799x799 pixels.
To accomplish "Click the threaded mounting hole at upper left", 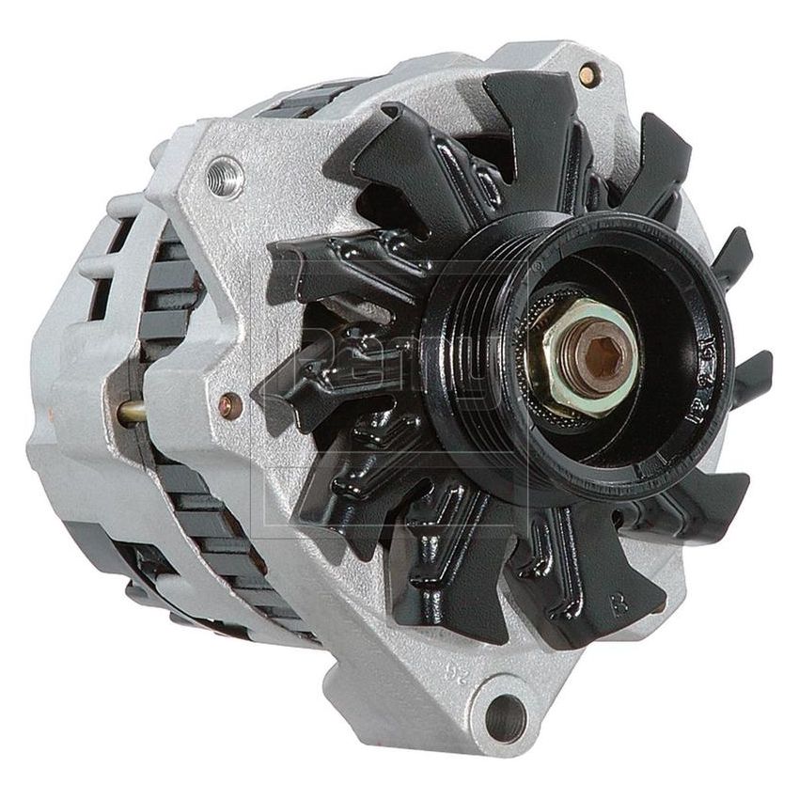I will pyautogui.click(x=225, y=176).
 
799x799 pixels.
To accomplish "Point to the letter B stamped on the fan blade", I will pyautogui.click(x=619, y=604).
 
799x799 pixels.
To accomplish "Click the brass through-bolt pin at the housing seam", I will pyautogui.click(x=133, y=411).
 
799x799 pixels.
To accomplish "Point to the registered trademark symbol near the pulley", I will pyautogui.click(x=538, y=268).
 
